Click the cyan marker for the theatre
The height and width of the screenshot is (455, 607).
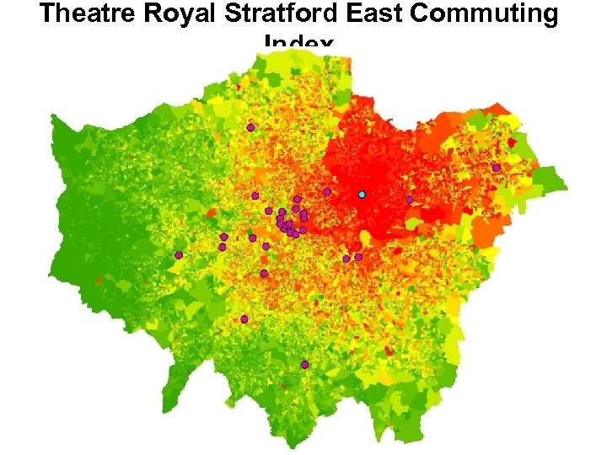[362, 195]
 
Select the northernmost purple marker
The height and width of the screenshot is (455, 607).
[250, 127]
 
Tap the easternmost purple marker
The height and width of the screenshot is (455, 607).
[496, 168]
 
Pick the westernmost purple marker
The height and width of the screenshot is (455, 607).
[178, 255]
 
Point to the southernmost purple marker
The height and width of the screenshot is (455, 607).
[304, 365]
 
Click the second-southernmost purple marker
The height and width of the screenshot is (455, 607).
[244, 319]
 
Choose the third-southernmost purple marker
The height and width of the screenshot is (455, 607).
[264, 274]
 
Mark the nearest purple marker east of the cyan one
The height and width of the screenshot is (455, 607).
[409, 200]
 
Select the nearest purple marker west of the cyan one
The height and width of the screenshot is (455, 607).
[327, 191]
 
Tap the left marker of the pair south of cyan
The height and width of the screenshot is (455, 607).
[346, 259]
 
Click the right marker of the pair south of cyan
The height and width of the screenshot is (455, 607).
[358, 257]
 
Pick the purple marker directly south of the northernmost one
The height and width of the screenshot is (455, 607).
[255, 195]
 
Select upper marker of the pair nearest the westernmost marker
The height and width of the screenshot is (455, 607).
[223, 237]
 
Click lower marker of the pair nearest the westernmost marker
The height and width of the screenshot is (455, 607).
[222, 248]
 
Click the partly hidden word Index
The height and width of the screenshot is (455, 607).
[299, 42]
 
